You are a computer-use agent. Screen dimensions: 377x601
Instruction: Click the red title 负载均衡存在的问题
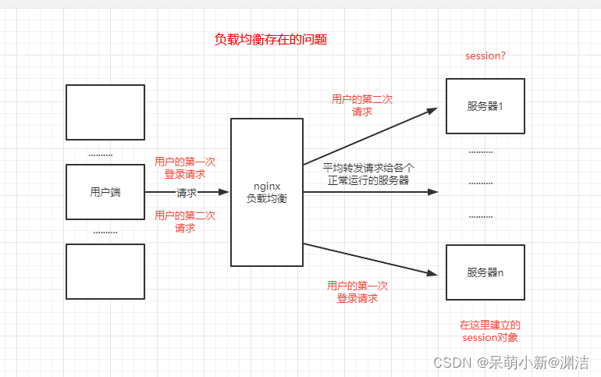[x=270, y=39]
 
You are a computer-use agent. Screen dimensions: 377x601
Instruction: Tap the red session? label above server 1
[x=485, y=56]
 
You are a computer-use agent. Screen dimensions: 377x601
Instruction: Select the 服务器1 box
[x=485, y=105]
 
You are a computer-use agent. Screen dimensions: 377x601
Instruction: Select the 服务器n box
[x=485, y=272]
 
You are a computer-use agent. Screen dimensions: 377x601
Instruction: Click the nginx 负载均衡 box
[x=267, y=192]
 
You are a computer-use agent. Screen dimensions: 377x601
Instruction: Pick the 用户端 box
[x=105, y=192]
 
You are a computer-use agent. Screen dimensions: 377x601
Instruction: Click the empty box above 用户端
[x=105, y=112]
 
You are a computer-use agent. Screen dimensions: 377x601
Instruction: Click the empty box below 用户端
[x=105, y=271]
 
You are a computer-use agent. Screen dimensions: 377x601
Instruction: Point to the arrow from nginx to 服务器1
[x=370, y=137]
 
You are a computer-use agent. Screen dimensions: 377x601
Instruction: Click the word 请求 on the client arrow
[x=187, y=193]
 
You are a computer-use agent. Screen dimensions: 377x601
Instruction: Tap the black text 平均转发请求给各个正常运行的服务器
[x=369, y=173]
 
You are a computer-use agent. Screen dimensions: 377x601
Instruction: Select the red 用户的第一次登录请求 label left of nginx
[x=185, y=168]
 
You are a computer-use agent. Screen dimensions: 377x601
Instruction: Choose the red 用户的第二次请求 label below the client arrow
[x=185, y=222]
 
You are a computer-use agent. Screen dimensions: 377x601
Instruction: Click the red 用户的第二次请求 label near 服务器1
[x=361, y=105]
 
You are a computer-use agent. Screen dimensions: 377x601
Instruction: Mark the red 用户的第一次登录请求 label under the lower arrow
[x=357, y=292]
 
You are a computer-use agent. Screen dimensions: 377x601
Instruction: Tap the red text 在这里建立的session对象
[x=489, y=331]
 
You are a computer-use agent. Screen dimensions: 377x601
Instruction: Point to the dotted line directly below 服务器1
[x=481, y=151]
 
